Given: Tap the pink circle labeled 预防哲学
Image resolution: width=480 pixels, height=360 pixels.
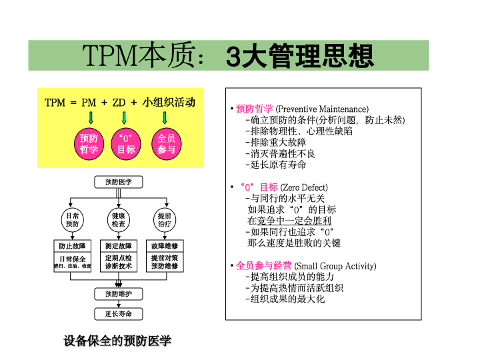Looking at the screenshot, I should [x=89, y=144].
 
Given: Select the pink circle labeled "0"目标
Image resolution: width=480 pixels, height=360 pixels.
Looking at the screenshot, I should [x=126, y=144].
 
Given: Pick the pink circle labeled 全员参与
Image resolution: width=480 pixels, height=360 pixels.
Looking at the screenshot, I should [x=165, y=144].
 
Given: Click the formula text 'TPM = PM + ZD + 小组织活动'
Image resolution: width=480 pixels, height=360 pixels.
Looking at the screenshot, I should [x=120, y=103].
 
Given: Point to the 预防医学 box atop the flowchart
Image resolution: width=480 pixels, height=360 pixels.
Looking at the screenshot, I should [x=118, y=182].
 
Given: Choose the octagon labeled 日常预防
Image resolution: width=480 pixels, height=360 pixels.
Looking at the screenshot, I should [x=71, y=220].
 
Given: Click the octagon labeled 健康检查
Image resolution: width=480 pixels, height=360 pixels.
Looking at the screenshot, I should [x=118, y=220].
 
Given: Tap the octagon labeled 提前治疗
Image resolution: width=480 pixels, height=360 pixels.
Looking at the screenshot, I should [x=164, y=220].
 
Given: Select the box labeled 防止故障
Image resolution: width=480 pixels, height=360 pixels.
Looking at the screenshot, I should [x=72, y=246].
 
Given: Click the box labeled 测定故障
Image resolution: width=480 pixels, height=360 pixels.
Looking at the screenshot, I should [x=118, y=246].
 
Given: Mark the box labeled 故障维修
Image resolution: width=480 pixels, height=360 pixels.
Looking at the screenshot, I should [x=164, y=246].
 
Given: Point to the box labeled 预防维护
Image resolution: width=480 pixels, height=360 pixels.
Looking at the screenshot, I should [x=118, y=294].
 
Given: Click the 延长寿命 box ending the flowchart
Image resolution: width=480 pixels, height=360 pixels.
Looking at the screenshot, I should [x=118, y=313].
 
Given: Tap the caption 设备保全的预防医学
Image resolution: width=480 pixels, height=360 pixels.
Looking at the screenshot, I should [x=117, y=341].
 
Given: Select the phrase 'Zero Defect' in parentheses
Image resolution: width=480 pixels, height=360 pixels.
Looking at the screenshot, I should [x=304, y=187].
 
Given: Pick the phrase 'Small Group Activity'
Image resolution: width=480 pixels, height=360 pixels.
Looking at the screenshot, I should [x=335, y=266].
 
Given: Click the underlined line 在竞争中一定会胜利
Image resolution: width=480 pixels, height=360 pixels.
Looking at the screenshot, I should [x=289, y=220].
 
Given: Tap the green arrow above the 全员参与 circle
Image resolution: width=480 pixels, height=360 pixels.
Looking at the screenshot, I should [x=165, y=119].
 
